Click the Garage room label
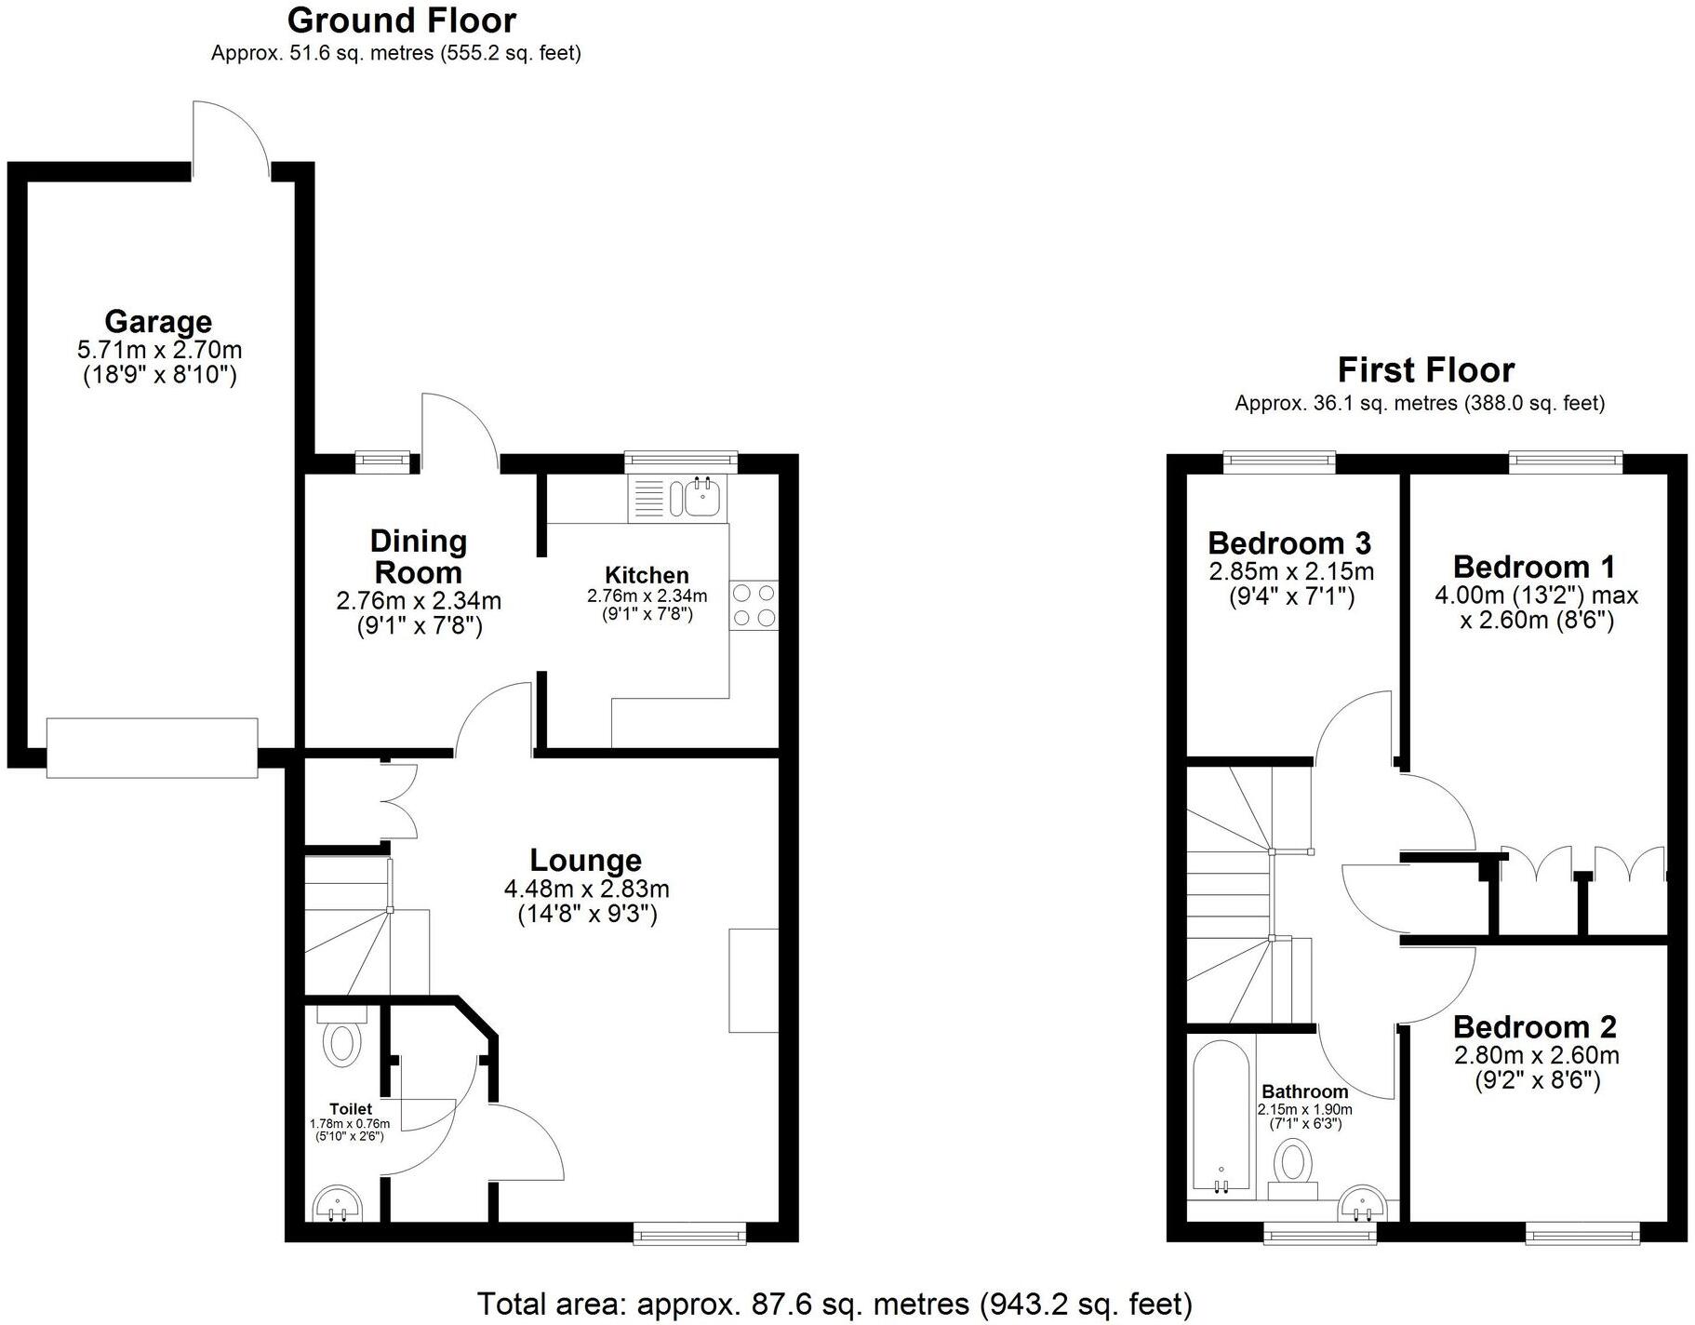tap(158, 321)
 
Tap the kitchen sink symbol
tap(699, 498)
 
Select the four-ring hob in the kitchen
tap(754, 605)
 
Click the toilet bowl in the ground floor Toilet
tap(343, 1043)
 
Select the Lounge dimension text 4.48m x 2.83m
tap(586, 889)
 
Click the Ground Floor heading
tap(401, 20)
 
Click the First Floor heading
tap(1425, 369)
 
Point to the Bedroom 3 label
tap(1289, 542)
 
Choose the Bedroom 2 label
tap(1534, 1026)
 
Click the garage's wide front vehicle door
tap(152, 747)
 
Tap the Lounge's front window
tap(689, 1234)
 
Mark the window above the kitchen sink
tap(680, 461)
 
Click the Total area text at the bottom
tap(834, 1304)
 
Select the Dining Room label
tap(418, 556)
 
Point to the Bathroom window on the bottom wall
tap(1319, 1234)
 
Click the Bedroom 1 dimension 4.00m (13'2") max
tap(1536, 595)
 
